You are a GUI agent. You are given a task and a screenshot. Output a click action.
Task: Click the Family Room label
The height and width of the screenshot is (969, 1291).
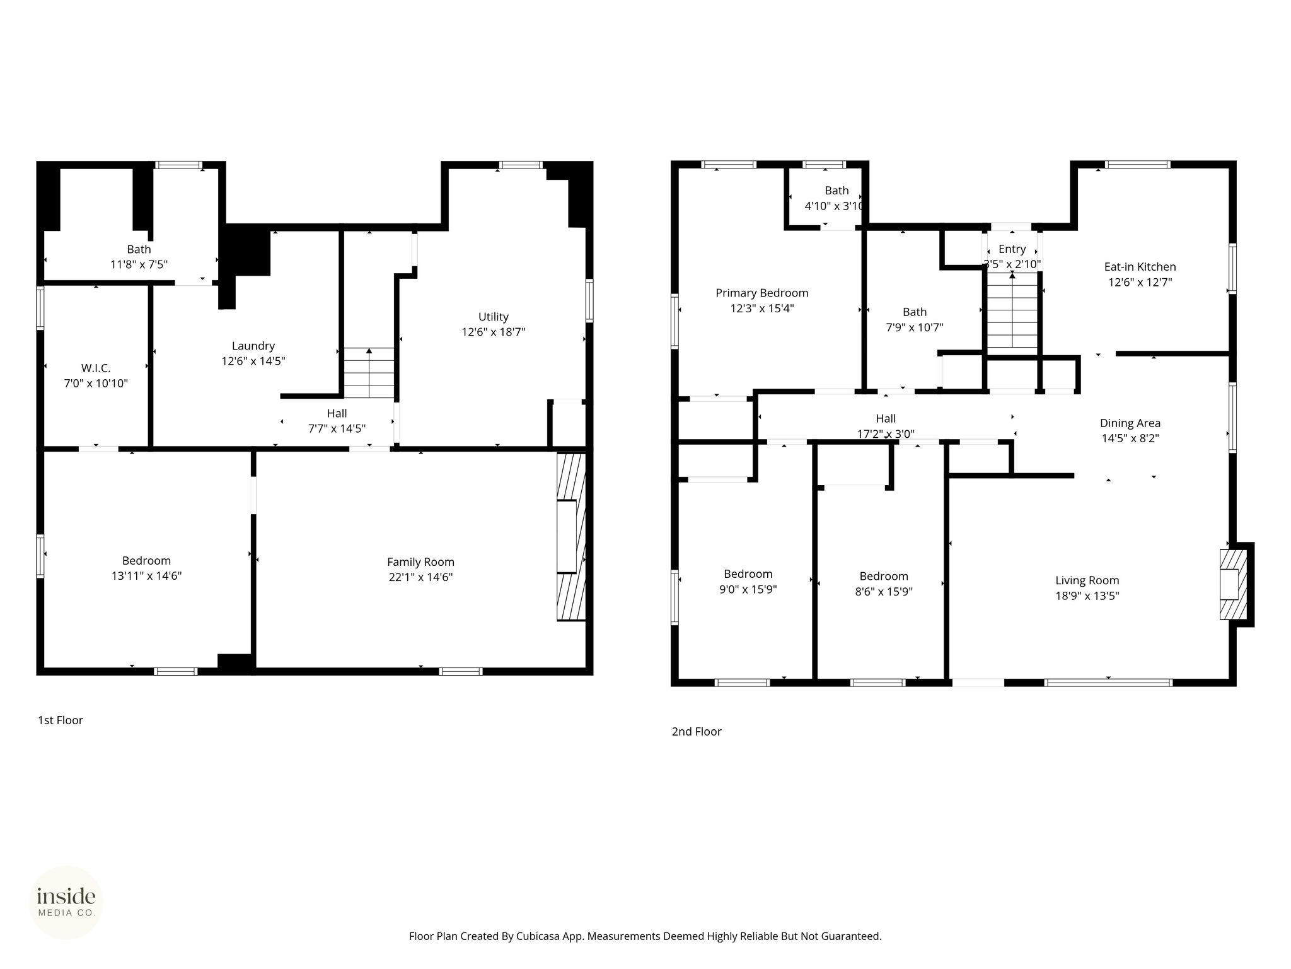pos(420,562)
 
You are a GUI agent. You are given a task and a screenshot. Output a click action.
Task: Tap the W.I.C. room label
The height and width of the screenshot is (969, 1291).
pos(96,368)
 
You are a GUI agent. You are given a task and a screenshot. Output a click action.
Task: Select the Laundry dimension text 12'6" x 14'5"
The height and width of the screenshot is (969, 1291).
pos(253,361)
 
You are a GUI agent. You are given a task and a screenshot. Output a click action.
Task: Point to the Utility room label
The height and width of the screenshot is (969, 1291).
pos(494,317)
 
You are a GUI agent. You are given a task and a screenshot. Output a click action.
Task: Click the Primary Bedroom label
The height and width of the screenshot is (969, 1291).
pos(762,293)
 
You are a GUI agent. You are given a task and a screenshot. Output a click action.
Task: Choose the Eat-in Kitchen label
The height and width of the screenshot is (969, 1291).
pos(1140,267)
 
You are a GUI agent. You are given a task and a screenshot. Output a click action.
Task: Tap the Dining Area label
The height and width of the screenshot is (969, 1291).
pos(1130,423)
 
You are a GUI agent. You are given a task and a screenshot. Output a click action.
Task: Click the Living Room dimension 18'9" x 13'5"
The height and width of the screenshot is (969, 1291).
pos(1087,596)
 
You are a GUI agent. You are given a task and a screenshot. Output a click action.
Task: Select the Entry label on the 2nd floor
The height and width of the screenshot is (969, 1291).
pos(1012,249)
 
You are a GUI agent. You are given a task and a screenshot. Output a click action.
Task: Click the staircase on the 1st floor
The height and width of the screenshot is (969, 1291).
pos(369,373)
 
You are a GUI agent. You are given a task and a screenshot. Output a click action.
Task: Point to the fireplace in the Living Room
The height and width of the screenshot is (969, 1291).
pos(1234,584)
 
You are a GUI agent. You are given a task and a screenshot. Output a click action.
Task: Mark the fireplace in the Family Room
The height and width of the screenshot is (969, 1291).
pos(571,537)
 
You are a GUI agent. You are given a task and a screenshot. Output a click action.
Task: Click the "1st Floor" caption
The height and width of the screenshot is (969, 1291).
pos(61,720)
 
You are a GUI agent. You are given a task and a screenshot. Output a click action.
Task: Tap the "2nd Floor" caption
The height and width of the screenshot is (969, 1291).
pos(697,732)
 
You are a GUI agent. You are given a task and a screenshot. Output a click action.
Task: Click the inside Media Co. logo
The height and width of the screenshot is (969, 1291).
pos(66,902)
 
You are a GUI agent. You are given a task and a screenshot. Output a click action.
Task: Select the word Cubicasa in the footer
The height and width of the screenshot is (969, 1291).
pos(539,936)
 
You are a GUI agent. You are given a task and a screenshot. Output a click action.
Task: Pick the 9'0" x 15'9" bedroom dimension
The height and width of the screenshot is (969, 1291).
pos(748,590)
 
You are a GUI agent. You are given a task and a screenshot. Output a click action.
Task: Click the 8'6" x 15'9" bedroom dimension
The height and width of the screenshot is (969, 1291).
pos(884,592)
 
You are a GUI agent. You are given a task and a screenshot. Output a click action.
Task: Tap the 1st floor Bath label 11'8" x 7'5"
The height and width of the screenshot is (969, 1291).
pos(139,257)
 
